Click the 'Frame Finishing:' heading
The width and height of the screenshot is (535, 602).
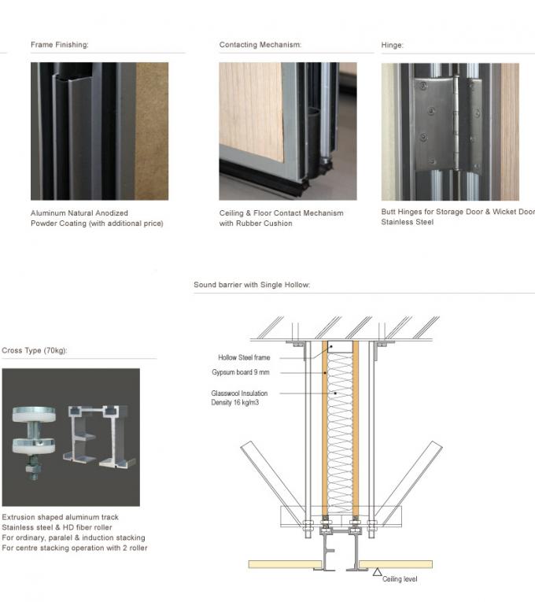point(60,45)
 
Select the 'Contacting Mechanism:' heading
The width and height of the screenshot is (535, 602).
point(260,45)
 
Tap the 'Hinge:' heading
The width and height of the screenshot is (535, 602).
point(393,45)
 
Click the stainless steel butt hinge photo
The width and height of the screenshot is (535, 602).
point(450,131)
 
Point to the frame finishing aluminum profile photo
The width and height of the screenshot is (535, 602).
point(99,131)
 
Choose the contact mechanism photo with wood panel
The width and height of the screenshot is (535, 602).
point(287,131)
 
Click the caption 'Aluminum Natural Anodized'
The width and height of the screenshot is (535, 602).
point(79,212)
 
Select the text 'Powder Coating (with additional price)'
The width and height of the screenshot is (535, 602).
point(97,223)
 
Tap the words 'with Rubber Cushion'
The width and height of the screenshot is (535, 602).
point(256,223)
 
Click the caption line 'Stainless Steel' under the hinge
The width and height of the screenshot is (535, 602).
point(408,222)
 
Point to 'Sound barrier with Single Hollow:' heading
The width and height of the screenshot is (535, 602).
point(252,284)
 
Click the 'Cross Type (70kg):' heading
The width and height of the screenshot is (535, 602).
point(35,350)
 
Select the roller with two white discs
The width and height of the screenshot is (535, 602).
point(35,438)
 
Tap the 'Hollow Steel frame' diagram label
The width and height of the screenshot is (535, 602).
point(243,357)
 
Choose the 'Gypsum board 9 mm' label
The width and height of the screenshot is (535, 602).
point(245,372)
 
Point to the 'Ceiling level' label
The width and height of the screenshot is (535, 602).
point(400,579)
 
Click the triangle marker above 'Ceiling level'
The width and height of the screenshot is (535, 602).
point(378,571)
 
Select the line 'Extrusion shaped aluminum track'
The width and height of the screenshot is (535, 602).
point(61,517)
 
